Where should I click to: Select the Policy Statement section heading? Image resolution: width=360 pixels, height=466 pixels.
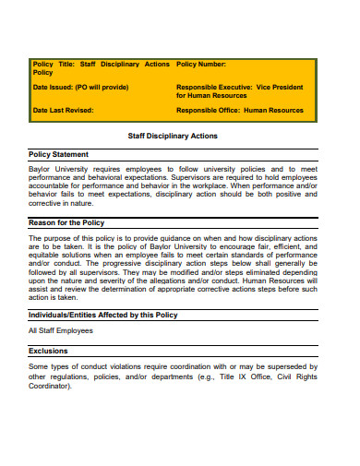click(59, 154)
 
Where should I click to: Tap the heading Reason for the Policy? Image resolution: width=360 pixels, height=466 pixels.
click(67, 222)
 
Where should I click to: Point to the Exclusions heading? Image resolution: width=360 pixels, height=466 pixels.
click(48, 351)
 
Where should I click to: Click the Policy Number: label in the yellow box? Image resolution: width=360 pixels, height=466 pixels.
click(201, 64)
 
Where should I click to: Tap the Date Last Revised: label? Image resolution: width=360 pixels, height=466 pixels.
click(64, 110)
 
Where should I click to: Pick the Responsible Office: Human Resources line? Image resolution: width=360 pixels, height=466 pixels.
click(239, 110)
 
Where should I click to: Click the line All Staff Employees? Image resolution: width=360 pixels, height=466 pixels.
click(61, 329)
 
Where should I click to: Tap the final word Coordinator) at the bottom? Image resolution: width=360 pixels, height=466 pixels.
click(51, 387)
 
